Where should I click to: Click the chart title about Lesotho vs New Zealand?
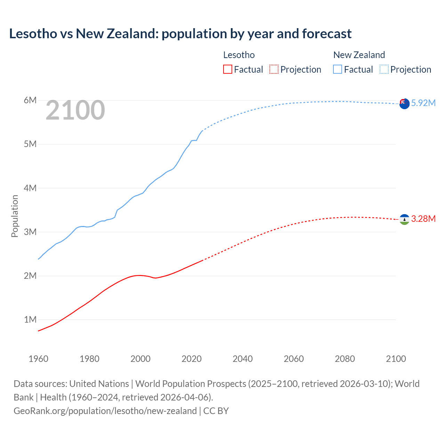pyautogui.click(x=180, y=34)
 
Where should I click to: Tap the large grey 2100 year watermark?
pyautogui.click(x=75, y=110)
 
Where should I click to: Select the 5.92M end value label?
pyautogui.click(x=423, y=103)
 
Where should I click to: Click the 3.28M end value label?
pyautogui.click(x=423, y=219)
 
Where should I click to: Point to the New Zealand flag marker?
pyautogui.click(x=404, y=104)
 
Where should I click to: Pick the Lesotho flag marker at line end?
pyautogui.click(x=404, y=219)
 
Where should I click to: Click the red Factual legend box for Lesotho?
pyautogui.click(x=227, y=69)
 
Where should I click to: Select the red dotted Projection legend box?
pyautogui.click(x=274, y=69)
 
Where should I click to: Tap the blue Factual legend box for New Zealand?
pyautogui.click(x=337, y=69)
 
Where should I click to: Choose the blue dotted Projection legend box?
pyautogui.click(x=384, y=69)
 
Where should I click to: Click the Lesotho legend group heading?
pyautogui.click(x=239, y=55)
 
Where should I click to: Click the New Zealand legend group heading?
pyautogui.click(x=359, y=55)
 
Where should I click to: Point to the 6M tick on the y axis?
pyautogui.click(x=30, y=100)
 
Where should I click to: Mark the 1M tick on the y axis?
pyautogui.click(x=30, y=319)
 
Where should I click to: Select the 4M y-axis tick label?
pyautogui.click(x=30, y=188)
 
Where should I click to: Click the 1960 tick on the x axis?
pyautogui.click(x=38, y=359)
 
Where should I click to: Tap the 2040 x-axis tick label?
pyautogui.click(x=243, y=359)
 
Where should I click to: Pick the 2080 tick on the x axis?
pyautogui.click(x=345, y=359)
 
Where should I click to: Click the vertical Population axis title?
pyautogui.click(x=15, y=216)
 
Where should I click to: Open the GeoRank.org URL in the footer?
pyautogui.click(x=105, y=411)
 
